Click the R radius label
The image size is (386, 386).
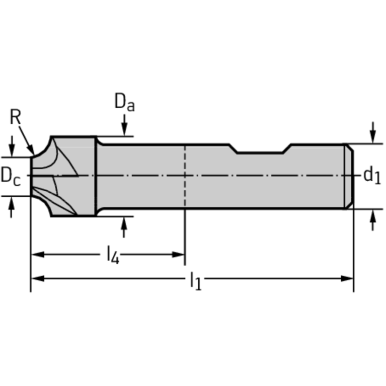15,117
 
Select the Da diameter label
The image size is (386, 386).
125,102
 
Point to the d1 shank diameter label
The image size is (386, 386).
372,175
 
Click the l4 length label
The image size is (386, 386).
113,255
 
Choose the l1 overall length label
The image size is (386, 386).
196,281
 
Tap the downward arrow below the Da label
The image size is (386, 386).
124,125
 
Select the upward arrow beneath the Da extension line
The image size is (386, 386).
124,227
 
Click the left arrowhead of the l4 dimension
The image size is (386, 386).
38,255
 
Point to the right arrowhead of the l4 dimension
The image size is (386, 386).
178,255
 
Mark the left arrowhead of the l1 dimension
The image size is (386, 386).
38,279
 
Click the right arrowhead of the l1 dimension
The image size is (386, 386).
347,279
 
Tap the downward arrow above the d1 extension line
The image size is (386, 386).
373,132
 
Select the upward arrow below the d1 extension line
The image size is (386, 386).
373,220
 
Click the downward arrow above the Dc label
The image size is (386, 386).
12,146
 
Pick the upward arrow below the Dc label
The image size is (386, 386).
11,207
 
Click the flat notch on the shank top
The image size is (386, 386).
260,153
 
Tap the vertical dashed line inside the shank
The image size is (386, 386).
185,176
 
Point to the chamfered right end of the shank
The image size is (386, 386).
349,177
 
